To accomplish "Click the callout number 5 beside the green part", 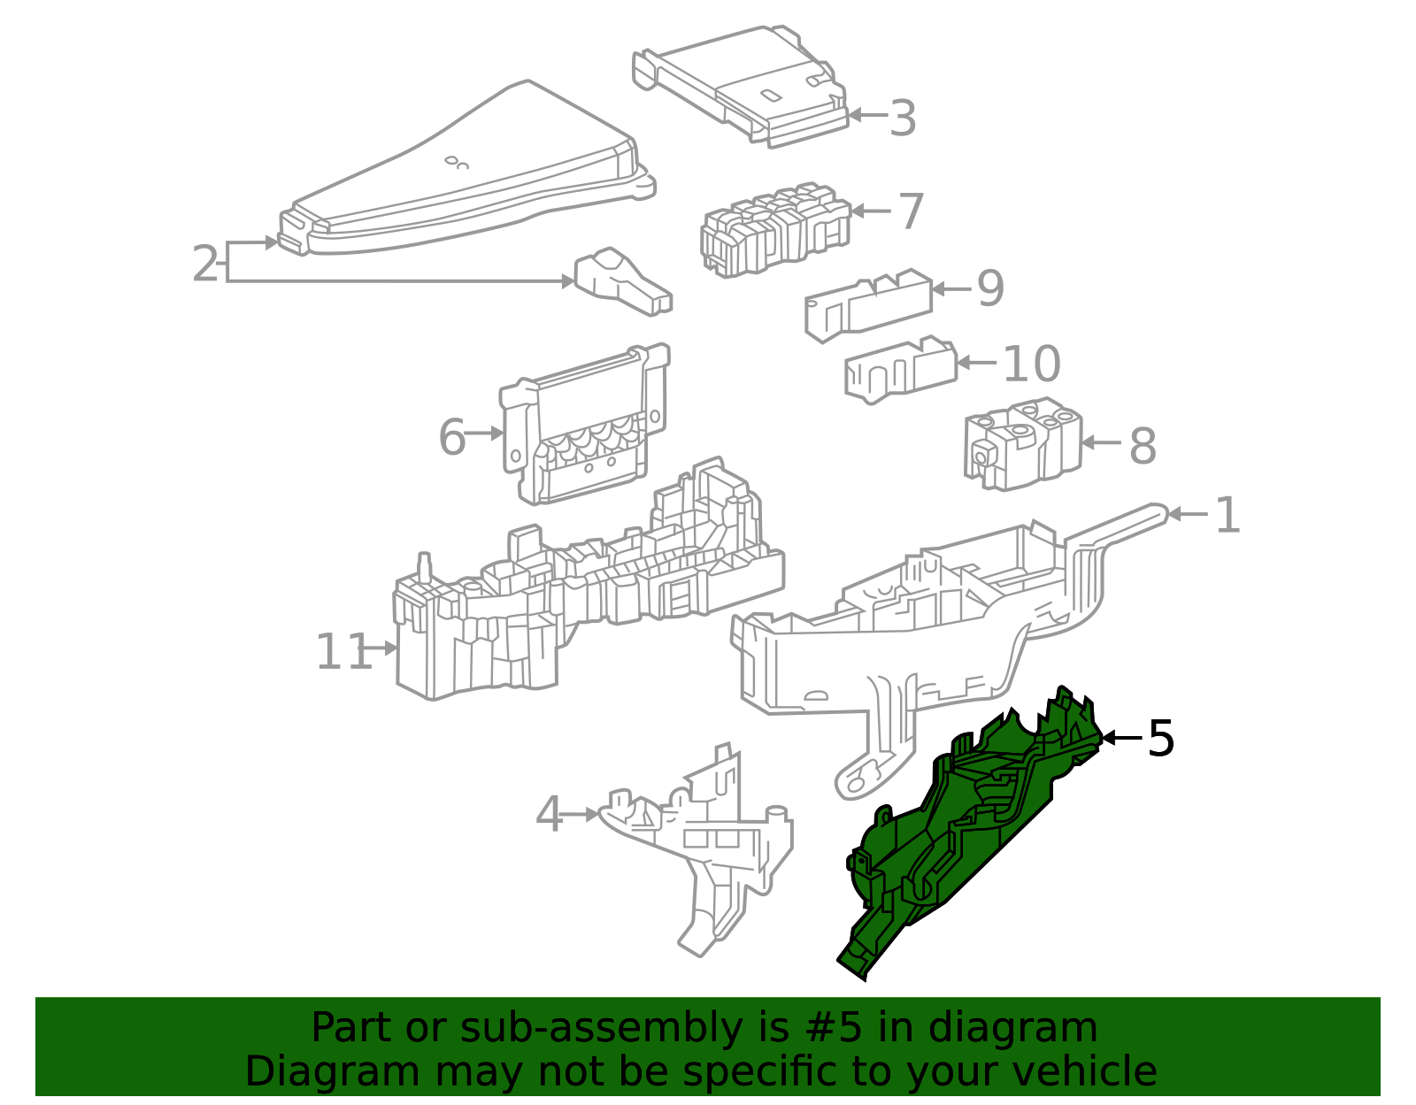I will tap(1160, 738).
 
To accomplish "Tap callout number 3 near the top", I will tap(902, 118).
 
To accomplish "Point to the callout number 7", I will tap(911, 211).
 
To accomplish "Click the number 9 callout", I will tap(990, 288).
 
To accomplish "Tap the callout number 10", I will tap(1031, 364).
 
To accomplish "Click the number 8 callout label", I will tap(1143, 445).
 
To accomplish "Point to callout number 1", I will tap(1227, 515).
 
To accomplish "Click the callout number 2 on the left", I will tap(204, 264).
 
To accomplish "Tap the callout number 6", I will tap(451, 436).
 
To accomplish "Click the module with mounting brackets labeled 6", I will tap(584, 425).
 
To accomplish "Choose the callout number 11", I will tap(342, 652).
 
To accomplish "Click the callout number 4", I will tap(549, 814).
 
